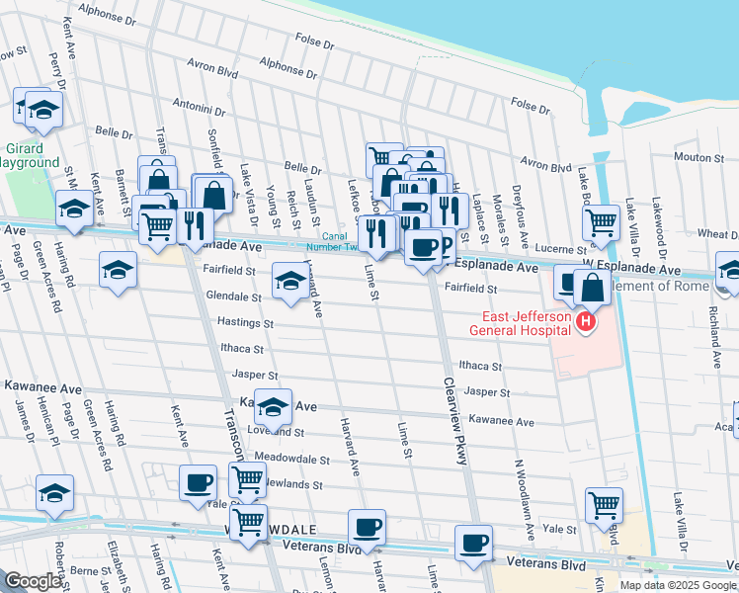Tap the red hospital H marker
click(586, 321)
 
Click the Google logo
click(33, 581)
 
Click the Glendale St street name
click(233, 296)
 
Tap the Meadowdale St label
click(291, 460)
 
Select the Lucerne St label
click(536, 248)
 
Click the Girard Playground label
click(27, 154)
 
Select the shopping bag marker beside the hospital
click(592, 288)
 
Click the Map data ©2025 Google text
click(677, 585)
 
